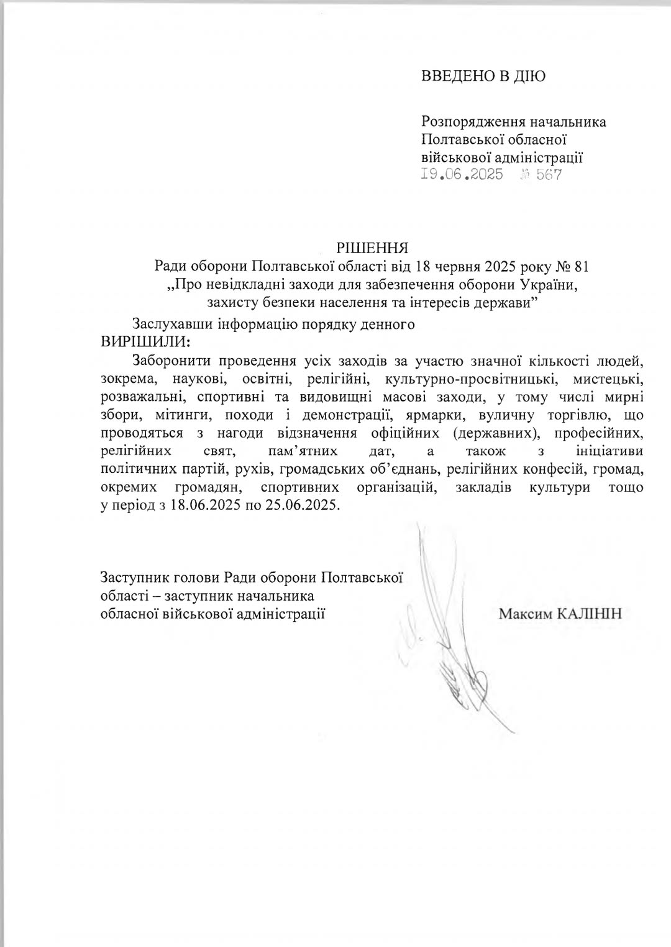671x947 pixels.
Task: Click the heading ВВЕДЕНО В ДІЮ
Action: coord(483,76)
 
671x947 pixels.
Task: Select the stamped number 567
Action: coord(549,174)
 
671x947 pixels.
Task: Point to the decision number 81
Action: coord(581,267)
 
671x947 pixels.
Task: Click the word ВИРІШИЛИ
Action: coord(144,341)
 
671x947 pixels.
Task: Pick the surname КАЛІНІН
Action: coord(587,614)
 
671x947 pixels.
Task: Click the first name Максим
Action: coord(523,614)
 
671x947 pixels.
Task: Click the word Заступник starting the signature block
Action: coord(132,578)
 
